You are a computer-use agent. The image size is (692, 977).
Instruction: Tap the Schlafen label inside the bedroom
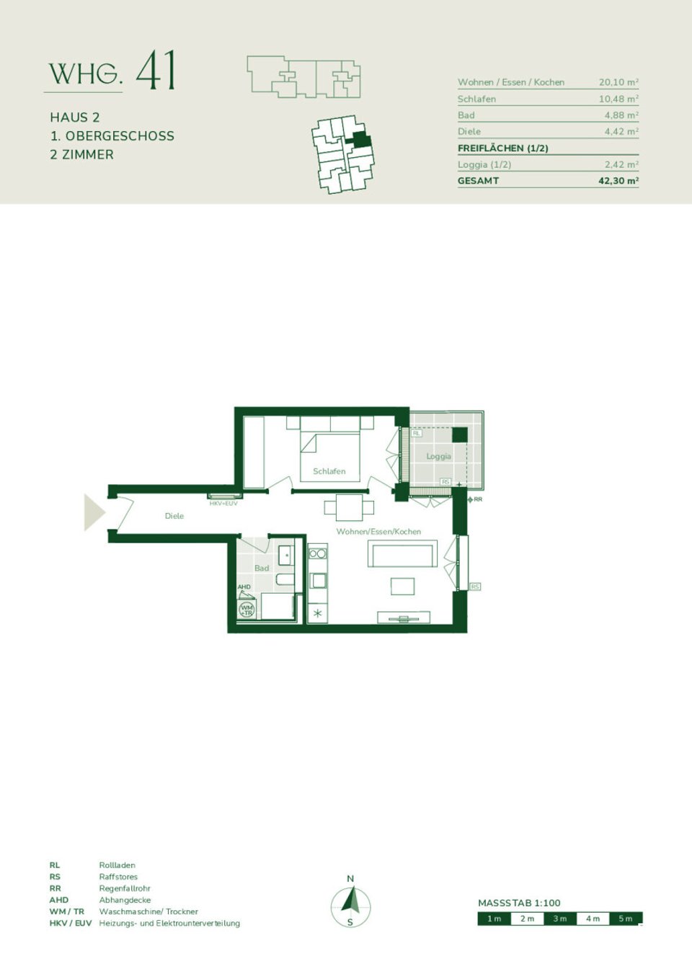tap(329, 471)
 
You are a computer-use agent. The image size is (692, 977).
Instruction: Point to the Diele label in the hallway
tap(174, 516)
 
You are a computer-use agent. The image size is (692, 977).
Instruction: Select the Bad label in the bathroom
tap(262, 568)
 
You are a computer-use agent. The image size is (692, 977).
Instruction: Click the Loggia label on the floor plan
tap(438, 456)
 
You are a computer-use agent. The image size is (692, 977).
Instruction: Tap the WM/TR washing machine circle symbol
tap(247, 610)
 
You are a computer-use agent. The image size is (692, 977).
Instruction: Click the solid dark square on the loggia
tap(459, 434)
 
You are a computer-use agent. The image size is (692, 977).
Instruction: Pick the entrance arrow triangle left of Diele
tap(94, 512)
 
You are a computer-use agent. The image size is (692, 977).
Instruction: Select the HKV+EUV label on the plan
tap(223, 504)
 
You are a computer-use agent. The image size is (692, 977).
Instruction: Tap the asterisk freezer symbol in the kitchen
tap(317, 614)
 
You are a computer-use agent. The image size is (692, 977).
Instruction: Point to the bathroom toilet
tap(284, 579)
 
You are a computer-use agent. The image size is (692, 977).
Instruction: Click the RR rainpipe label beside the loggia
tap(478, 499)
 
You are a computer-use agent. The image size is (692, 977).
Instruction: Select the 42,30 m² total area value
tap(618, 181)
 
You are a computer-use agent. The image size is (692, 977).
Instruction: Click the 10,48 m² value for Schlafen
tap(618, 99)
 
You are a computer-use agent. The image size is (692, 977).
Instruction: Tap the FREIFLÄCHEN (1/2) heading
tap(503, 148)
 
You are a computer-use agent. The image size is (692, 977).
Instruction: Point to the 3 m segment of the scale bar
tap(560, 919)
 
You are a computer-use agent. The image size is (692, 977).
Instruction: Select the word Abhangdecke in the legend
tap(125, 900)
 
